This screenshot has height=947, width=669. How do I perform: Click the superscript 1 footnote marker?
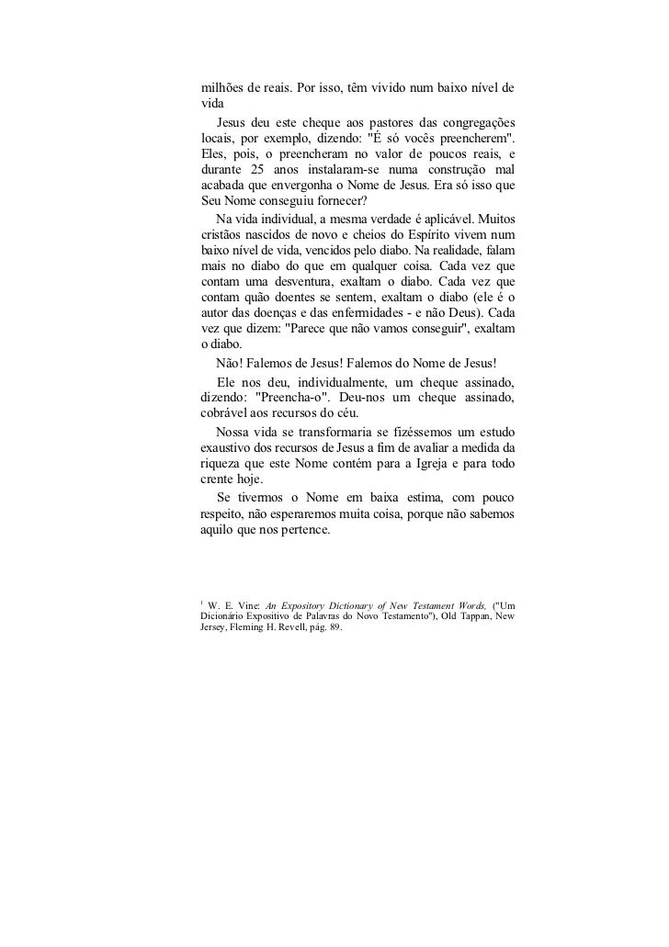201,602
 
